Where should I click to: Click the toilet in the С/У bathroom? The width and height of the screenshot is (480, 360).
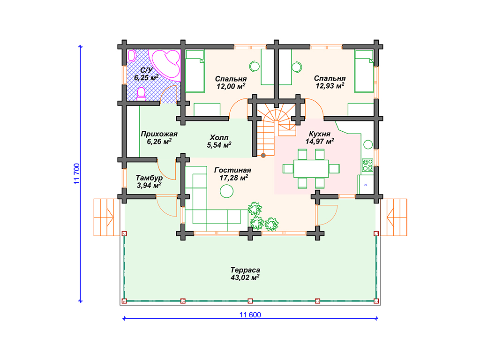tap(141, 94)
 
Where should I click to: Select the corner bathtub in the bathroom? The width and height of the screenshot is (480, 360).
tap(166, 64)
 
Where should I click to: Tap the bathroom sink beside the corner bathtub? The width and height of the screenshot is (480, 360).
tap(132, 56)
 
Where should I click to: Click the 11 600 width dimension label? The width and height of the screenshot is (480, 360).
tap(250, 315)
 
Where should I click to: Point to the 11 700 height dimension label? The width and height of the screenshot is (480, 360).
tap(76, 173)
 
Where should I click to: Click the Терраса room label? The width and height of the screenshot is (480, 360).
tap(245, 270)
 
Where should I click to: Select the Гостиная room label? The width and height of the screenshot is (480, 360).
tap(232, 170)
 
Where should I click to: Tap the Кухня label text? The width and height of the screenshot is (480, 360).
tap(320, 134)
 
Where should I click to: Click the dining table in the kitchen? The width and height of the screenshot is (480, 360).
tap(311, 168)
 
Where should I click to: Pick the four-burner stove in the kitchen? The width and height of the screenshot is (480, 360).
tap(367, 165)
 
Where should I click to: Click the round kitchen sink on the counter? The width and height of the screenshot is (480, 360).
tap(368, 144)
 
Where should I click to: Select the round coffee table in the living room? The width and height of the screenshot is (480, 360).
tap(226, 191)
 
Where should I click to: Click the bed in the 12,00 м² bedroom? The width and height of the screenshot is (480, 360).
tap(195, 71)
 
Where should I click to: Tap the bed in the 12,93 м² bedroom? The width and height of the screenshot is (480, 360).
tap(364, 71)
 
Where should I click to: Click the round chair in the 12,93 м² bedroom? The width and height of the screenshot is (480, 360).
tap(297, 67)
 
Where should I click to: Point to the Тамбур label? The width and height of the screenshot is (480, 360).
tap(149, 178)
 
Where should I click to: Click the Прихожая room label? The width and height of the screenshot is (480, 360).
tap(159, 134)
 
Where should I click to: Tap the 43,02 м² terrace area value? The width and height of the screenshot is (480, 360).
tap(245, 277)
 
